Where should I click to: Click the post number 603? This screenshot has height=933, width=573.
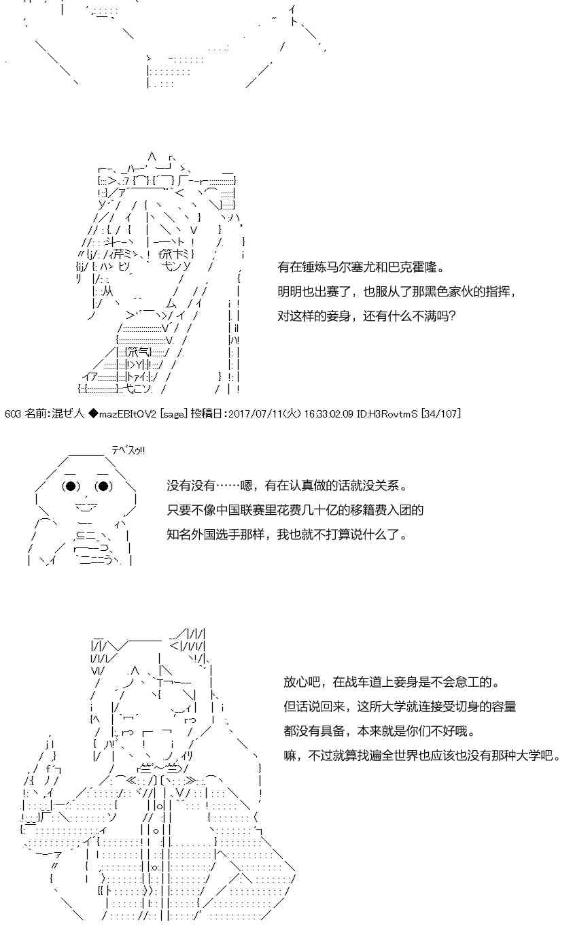[13, 413]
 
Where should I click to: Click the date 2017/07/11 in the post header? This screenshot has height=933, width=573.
[256, 413]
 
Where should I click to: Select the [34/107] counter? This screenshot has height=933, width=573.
[441, 413]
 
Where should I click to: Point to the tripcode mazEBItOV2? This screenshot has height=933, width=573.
[127, 413]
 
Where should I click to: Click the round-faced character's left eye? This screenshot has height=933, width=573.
[71, 486]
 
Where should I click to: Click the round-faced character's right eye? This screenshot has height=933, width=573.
[104, 486]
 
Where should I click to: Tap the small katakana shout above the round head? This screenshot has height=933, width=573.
[128, 450]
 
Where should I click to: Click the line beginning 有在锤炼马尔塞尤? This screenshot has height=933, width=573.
[361, 267]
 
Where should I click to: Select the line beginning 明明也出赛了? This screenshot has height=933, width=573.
[397, 292]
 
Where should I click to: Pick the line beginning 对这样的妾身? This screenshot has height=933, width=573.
[366, 316]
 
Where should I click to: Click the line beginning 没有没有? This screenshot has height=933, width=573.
[287, 486]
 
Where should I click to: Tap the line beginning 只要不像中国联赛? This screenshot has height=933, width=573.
[295, 510]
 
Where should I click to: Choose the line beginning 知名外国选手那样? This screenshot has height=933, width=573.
[287, 535]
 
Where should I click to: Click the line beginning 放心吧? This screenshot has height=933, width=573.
[392, 682]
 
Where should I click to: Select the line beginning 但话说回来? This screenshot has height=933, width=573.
[400, 707]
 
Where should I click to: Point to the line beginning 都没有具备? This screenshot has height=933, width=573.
[379, 731]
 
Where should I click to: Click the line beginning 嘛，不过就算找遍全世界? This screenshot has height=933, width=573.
[422, 756]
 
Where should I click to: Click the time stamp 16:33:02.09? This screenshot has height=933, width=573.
[328, 413]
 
